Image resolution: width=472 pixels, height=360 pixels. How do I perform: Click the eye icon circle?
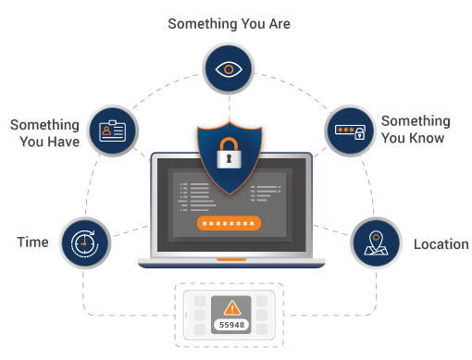[x=229, y=69]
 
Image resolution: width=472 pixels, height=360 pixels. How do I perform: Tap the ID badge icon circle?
[x=112, y=130]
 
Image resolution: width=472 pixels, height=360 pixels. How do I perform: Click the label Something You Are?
[x=229, y=23]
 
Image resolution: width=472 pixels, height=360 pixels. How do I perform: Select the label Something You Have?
[x=44, y=132]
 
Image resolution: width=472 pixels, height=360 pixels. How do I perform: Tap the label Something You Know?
[x=415, y=130]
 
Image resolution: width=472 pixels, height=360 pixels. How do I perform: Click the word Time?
[x=32, y=242]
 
